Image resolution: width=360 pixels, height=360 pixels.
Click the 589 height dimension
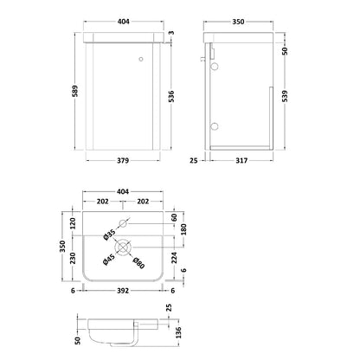pyautogui.click(x=75, y=91)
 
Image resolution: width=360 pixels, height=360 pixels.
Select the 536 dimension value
pyautogui.click(x=171, y=96)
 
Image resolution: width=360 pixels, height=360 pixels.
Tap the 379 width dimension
pyautogui.click(x=123, y=161)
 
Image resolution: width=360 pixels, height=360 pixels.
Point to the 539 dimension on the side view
pyautogui.click(x=285, y=96)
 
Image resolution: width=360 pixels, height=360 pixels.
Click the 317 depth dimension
pyautogui.click(x=241, y=161)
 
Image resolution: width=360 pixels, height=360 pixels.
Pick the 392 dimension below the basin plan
pyautogui.click(x=123, y=291)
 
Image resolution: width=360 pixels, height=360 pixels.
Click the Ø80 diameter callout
pyautogui.click(x=138, y=263)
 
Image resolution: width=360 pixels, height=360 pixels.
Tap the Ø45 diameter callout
pyautogui.click(x=109, y=259)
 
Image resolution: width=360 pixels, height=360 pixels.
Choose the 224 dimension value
pyautogui.click(x=174, y=258)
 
